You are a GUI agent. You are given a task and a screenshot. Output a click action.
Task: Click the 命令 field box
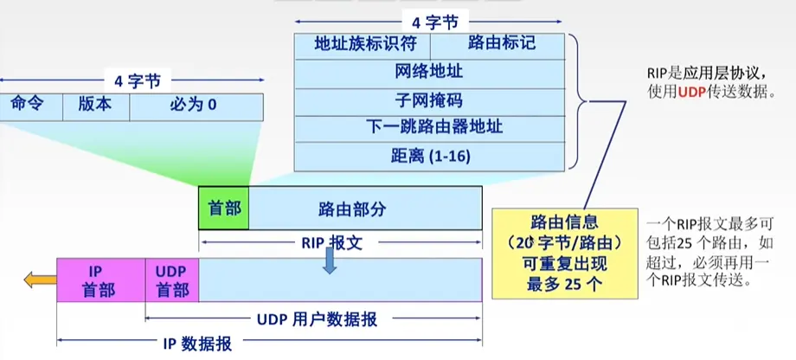(x=25, y=106)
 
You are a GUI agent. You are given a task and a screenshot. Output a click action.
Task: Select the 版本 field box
(x=95, y=106)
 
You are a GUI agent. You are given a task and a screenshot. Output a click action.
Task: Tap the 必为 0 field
(x=196, y=106)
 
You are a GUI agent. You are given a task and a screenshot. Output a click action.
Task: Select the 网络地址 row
(x=430, y=72)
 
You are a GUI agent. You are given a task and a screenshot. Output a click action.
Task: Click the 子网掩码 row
(x=430, y=100)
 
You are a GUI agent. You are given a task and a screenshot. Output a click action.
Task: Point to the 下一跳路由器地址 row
(x=430, y=127)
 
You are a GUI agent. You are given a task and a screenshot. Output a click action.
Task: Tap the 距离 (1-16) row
(x=430, y=156)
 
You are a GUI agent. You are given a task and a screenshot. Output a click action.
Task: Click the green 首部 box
(x=223, y=208)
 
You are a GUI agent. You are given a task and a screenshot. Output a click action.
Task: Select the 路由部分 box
(x=364, y=208)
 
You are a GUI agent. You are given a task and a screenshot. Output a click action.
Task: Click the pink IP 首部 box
(x=100, y=280)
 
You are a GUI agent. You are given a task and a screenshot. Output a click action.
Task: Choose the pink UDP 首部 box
(x=171, y=280)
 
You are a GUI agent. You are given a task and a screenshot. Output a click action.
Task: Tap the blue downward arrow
(x=329, y=261)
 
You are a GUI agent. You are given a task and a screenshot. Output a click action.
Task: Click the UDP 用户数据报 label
(x=317, y=318)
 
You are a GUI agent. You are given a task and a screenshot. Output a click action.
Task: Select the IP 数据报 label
(x=195, y=344)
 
